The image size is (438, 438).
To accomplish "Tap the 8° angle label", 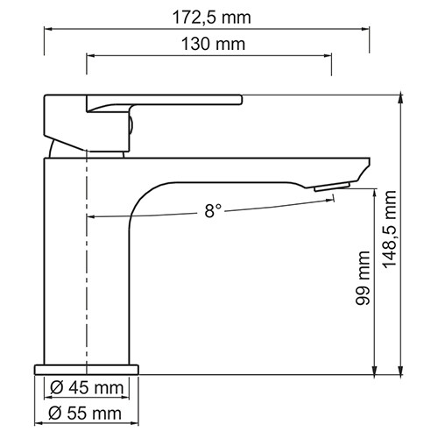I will coord(213,210).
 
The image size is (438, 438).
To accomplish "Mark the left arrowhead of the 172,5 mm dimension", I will coord(48,29).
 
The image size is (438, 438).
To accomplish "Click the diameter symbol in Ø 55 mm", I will coord(53,413).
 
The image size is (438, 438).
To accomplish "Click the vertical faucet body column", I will coord(66,263).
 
